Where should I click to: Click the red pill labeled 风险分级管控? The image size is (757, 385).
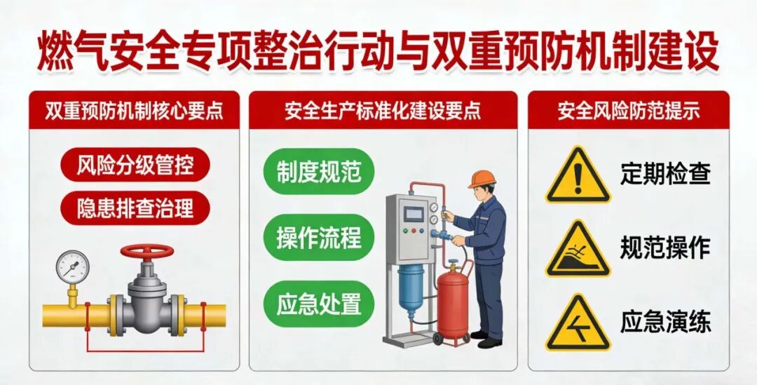coord(135,166)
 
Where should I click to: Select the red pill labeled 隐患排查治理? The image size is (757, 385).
coord(135,208)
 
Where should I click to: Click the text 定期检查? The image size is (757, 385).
coord(665,174)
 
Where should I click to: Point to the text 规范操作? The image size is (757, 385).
coord(665,247)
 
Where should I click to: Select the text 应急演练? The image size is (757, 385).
coord(665,321)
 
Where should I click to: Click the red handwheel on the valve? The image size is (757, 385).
coord(146,251)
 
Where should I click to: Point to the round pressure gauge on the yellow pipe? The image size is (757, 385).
coord(72,266)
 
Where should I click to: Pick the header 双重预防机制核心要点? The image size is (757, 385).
coord(134,111)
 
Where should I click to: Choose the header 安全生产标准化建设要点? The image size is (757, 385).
coord(383,111)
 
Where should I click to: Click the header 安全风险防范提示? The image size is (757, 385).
coord(629,111)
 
